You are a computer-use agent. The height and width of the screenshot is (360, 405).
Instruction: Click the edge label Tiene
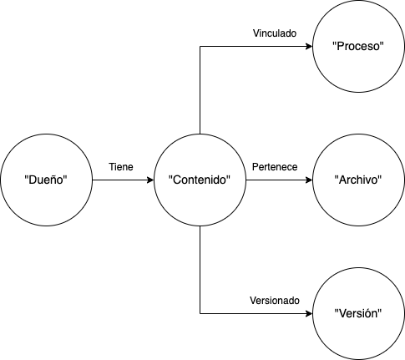coord(121,167)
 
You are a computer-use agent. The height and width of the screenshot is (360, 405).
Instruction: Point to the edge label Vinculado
coord(275,33)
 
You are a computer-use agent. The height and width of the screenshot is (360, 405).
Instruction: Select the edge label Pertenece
coord(275,167)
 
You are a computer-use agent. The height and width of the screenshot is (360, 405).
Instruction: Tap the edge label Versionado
coord(275,301)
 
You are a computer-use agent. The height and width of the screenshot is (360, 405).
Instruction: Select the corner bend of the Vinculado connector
coord(200,46)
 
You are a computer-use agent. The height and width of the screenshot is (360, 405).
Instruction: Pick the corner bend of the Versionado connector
coord(200,314)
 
